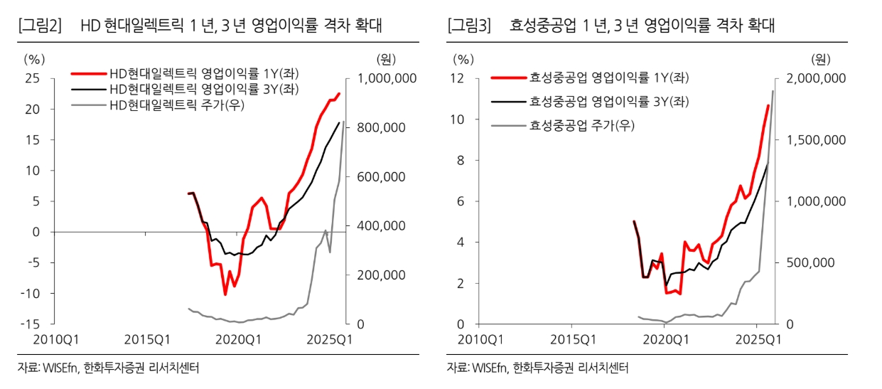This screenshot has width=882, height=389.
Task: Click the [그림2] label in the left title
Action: coord(40,26)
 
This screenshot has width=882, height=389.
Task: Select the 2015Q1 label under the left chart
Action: coord(146,339)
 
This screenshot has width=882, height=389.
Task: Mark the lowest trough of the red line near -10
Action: coord(225,294)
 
